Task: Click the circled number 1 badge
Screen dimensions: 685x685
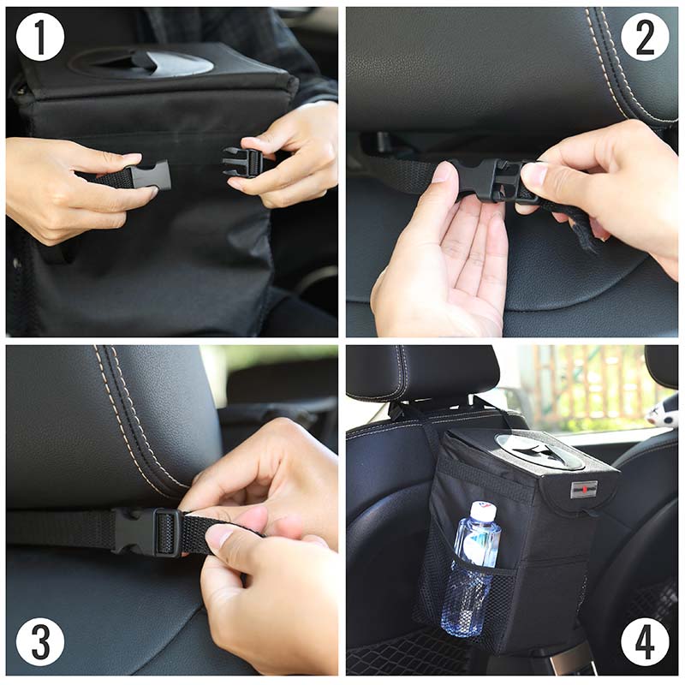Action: [40, 37]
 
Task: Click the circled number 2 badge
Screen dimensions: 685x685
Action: [645, 37]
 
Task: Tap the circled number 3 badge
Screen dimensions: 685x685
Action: [40, 641]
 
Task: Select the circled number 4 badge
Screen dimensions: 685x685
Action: [645, 641]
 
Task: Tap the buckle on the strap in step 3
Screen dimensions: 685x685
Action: [146, 532]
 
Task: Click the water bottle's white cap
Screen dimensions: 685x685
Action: [484, 509]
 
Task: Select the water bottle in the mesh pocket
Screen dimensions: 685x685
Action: [470, 568]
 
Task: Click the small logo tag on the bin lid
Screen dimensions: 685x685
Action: [584, 489]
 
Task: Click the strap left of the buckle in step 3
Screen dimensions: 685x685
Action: [60, 528]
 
